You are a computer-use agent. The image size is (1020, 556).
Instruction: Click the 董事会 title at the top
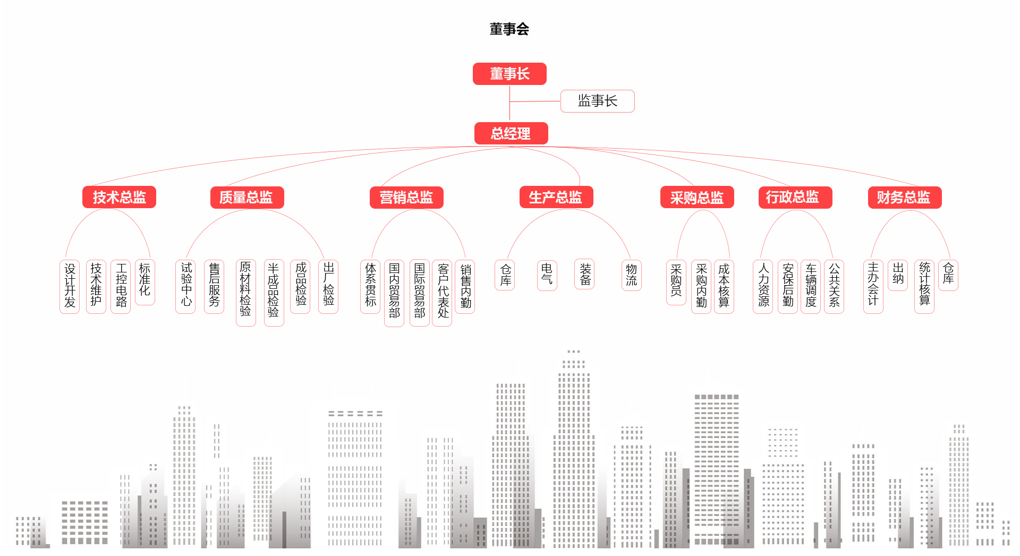click(509, 29)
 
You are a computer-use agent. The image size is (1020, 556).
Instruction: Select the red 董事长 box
click(509, 74)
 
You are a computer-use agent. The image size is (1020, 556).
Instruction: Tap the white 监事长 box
click(597, 101)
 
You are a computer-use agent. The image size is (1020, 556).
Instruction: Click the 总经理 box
click(511, 133)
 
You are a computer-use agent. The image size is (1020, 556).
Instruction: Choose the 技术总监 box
click(119, 197)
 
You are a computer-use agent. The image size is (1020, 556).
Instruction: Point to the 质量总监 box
click(246, 198)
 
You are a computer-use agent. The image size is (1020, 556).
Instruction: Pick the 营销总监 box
click(406, 198)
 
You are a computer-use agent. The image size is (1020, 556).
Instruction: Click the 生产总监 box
click(556, 198)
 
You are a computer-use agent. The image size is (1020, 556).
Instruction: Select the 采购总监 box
click(697, 198)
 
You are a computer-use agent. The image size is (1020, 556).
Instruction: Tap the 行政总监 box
click(795, 198)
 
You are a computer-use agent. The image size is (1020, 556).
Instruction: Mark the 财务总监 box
click(904, 198)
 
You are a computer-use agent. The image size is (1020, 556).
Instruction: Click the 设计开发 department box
click(70, 286)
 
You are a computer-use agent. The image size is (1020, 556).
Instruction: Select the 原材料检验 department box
click(245, 292)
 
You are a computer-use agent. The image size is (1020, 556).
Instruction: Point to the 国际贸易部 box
click(420, 292)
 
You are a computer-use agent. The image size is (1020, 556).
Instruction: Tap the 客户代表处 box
click(443, 292)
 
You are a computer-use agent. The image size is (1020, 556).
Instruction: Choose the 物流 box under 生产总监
click(631, 275)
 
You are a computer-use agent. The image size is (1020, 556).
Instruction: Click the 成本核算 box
click(724, 286)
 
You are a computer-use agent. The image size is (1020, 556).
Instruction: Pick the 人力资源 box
click(763, 286)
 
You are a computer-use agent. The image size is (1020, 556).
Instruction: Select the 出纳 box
click(898, 275)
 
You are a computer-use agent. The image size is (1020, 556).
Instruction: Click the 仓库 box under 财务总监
click(948, 275)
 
